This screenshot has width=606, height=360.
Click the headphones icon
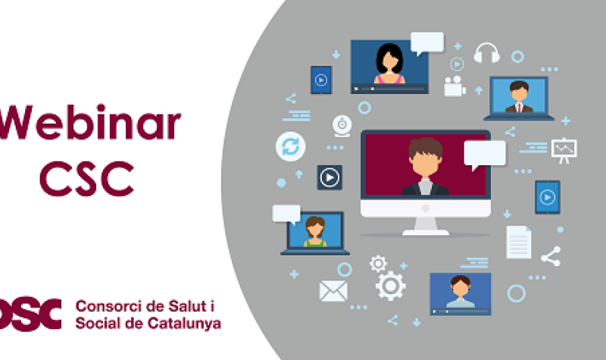point(487,53)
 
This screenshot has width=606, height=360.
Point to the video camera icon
point(454,86)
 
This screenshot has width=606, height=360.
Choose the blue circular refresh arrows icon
point(289,146)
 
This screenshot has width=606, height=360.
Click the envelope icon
point(333,291)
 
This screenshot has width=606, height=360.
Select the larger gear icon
point(390,286)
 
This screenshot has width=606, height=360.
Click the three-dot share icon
point(551,256)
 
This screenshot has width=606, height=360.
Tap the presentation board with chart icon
point(564,149)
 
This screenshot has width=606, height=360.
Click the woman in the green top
point(315,232)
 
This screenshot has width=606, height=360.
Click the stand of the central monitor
point(425,225)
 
